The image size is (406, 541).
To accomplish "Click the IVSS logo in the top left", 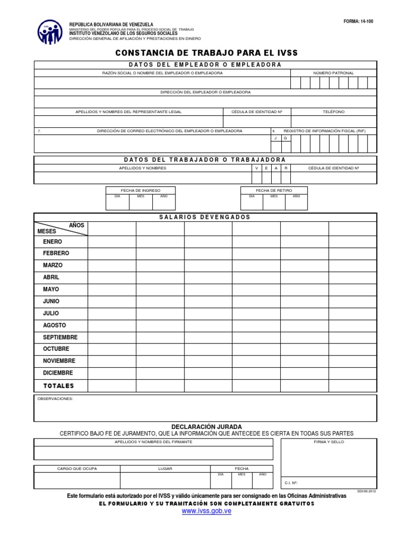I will point(50,32).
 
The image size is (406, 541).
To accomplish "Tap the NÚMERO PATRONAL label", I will point(334,73).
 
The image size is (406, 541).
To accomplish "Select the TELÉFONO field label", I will point(334,112).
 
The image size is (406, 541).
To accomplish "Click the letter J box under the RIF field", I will point(275,138).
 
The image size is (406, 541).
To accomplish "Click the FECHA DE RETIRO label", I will point(274,190).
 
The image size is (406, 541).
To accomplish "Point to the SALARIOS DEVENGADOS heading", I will point(205,217).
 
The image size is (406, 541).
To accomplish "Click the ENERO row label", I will point(52,241).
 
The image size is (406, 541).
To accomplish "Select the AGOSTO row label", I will point(54,325).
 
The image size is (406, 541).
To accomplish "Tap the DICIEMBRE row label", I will point(58,373).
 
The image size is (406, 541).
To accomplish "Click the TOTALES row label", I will point(59,386).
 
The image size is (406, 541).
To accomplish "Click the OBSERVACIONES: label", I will point(55,399).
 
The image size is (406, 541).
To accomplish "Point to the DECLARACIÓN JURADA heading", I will point(207,426).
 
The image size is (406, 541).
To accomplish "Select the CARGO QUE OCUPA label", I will point(77,469).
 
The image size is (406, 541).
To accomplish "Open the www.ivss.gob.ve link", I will point(207,511).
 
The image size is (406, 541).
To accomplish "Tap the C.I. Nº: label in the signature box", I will point(291,483).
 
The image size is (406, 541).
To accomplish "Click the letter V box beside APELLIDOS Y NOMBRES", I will point(257,168).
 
